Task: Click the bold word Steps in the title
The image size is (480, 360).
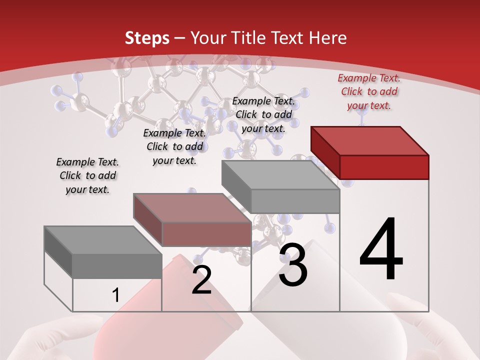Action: [x=147, y=38]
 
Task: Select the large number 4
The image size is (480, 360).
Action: [x=381, y=250]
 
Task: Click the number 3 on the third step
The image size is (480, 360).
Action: [x=293, y=265]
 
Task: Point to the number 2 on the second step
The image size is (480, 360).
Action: [x=201, y=280]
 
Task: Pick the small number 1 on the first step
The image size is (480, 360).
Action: [x=115, y=295]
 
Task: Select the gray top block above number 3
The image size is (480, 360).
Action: [x=280, y=175]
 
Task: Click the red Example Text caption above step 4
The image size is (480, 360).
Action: [x=369, y=91]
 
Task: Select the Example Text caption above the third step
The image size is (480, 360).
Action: [x=263, y=114]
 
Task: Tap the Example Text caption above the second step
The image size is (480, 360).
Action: [x=174, y=146]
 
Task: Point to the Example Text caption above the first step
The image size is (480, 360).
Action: [x=87, y=175]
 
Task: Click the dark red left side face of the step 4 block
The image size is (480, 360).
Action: [x=325, y=152]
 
